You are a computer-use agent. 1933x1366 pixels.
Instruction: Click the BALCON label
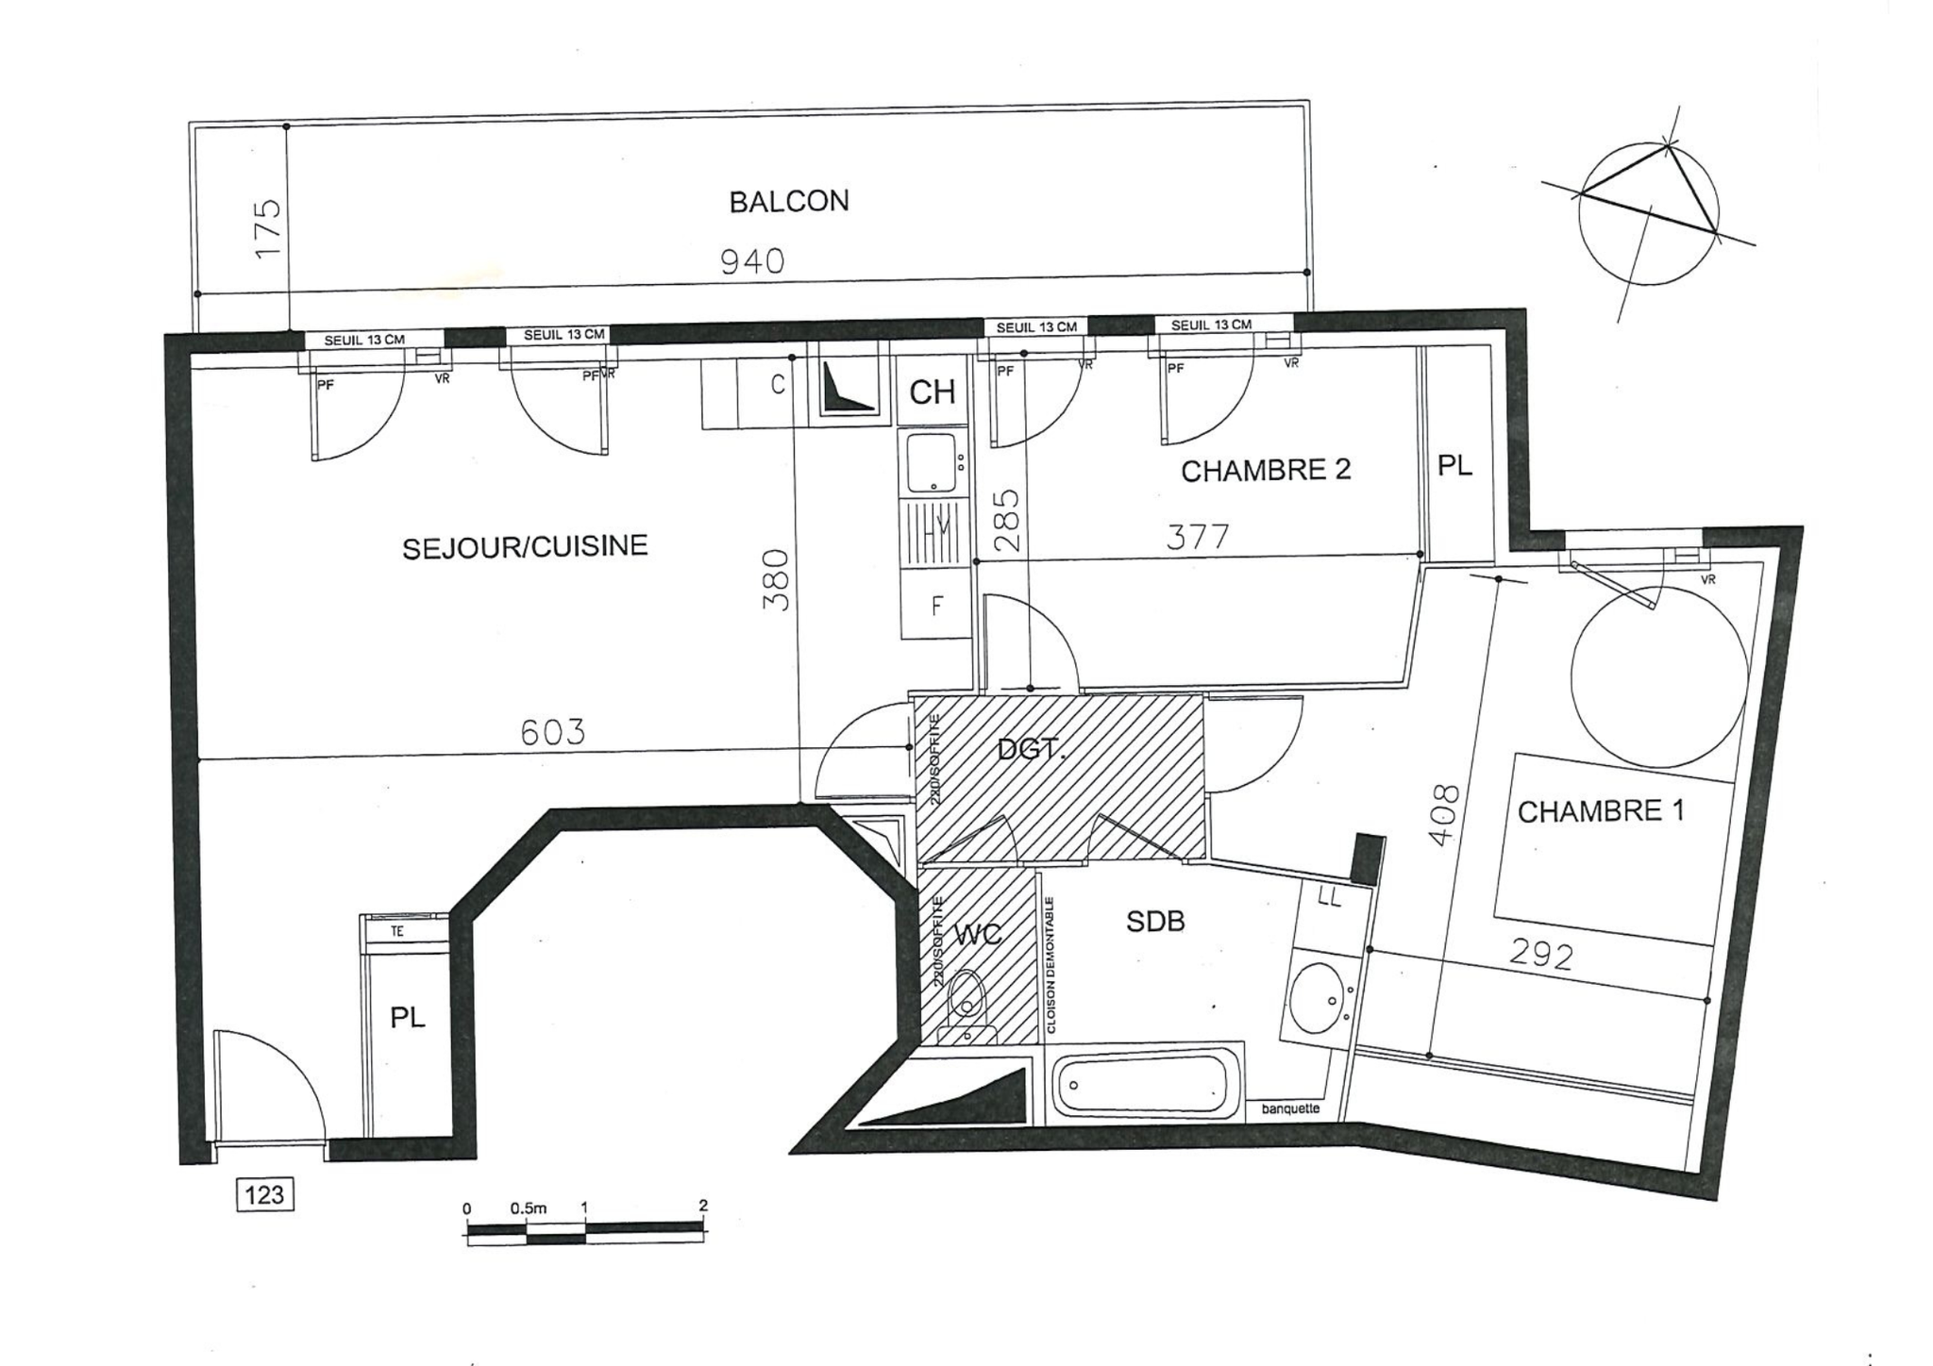[x=788, y=201]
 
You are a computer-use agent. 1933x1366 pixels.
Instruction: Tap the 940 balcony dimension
[x=751, y=261]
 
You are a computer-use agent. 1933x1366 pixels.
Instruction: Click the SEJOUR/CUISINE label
[x=525, y=547]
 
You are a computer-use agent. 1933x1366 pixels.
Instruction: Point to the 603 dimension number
[x=552, y=732]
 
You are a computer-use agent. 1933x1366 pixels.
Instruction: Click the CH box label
[x=932, y=391]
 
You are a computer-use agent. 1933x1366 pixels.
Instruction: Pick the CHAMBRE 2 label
[x=1265, y=470]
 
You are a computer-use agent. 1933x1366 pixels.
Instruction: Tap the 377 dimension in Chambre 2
[x=1198, y=537]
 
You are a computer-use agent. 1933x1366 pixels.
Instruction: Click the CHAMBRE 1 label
[x=1600, y=811]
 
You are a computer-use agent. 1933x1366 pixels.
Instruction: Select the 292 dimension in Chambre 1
[x=1540, y=956]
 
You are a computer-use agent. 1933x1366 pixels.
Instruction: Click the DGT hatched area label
[x=1029, y=750]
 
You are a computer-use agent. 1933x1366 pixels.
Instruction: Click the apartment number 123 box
[x=264, y=1195]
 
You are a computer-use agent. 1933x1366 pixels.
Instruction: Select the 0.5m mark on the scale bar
[x=528, y=1208]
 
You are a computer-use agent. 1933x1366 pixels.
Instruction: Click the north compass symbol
[x=1648, y=213]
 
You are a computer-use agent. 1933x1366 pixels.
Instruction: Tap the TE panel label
[x=397, y=931]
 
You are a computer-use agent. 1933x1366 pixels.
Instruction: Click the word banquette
[x=1290, y=1108]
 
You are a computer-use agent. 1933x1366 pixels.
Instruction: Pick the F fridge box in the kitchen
[x=936, y=606]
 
